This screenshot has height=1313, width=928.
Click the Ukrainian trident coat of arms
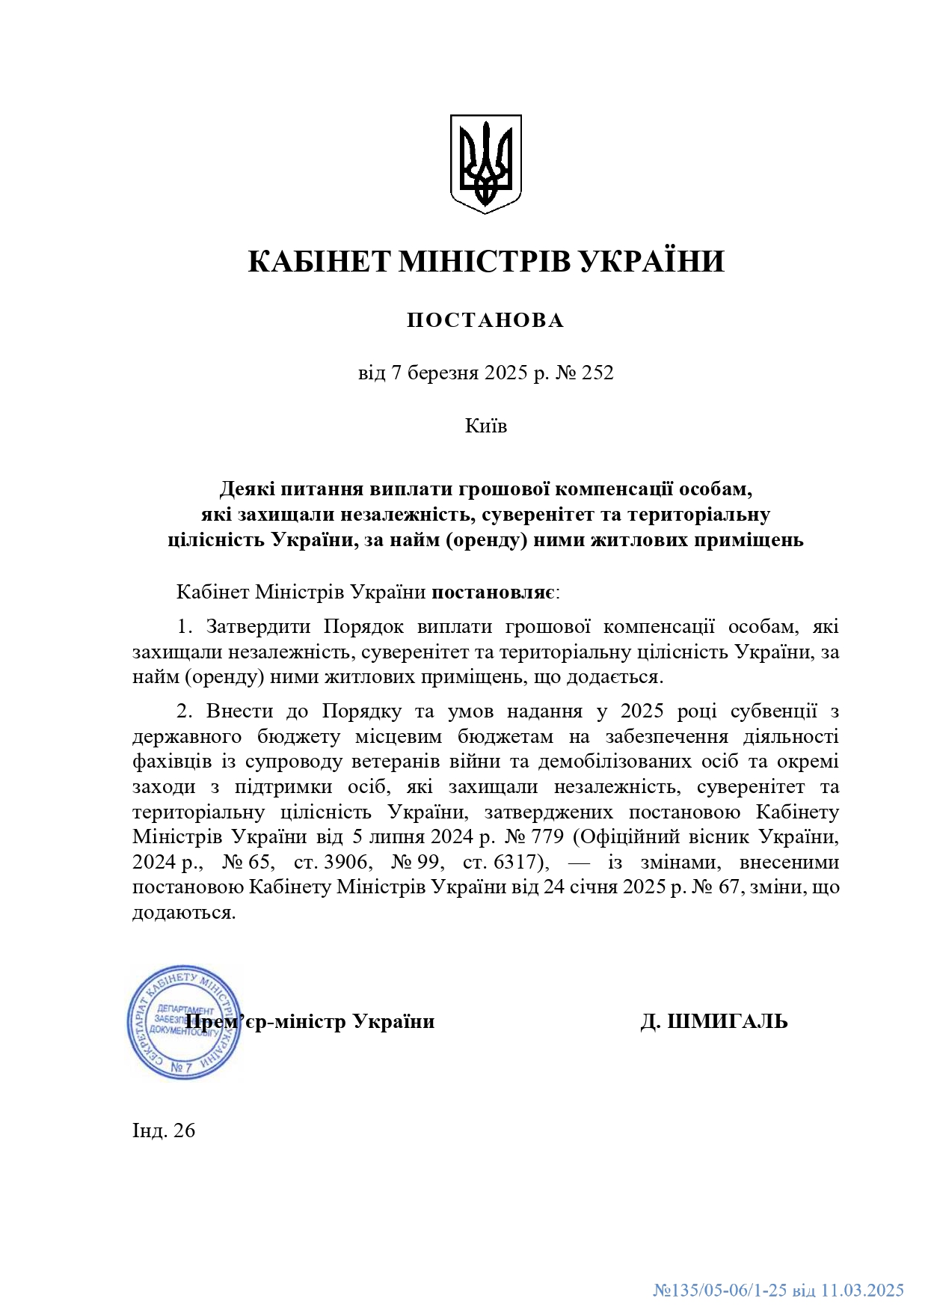coord(485,163)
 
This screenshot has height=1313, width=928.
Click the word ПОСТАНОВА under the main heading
coord(485,320)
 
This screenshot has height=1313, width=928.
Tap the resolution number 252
coord(597,373)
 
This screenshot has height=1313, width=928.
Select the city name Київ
coord(486,426)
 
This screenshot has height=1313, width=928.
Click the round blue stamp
coord(184,1021)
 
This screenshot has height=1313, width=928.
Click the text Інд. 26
coord(164,1130)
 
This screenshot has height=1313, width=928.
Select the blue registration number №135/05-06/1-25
coord(720,1290)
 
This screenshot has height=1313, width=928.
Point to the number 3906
coord(345,862)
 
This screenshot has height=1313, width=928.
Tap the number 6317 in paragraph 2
coord(515,862)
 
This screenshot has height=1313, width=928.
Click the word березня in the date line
coord(440,373)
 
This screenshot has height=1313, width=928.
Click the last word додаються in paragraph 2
coord(182,913)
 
